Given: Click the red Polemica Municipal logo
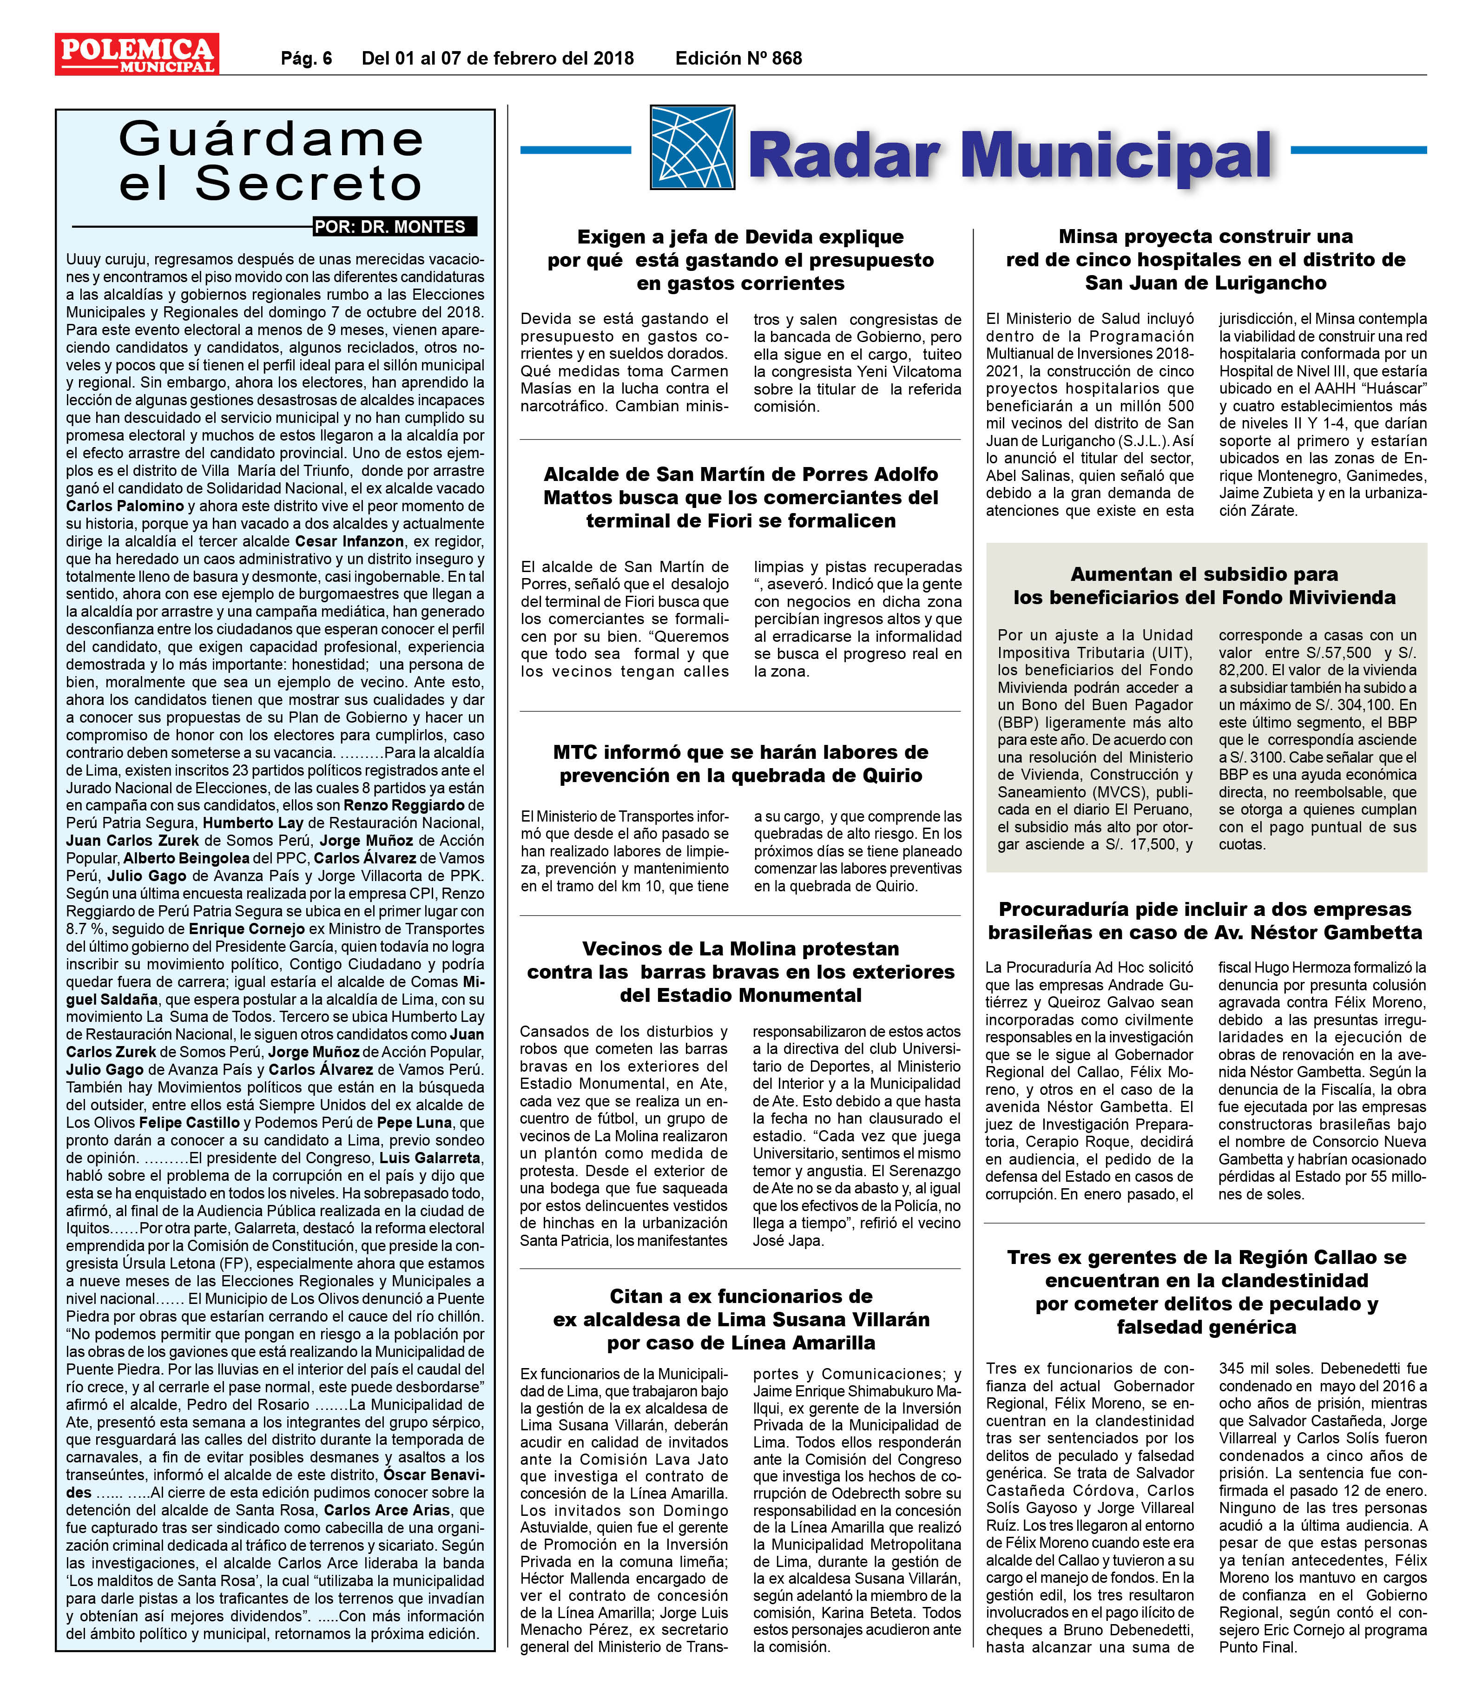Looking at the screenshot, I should click(x=137, y=54).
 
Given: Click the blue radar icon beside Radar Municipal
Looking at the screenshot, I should click(x=692, y=148).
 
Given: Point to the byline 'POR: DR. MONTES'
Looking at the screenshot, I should click(x=395, y=227).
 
